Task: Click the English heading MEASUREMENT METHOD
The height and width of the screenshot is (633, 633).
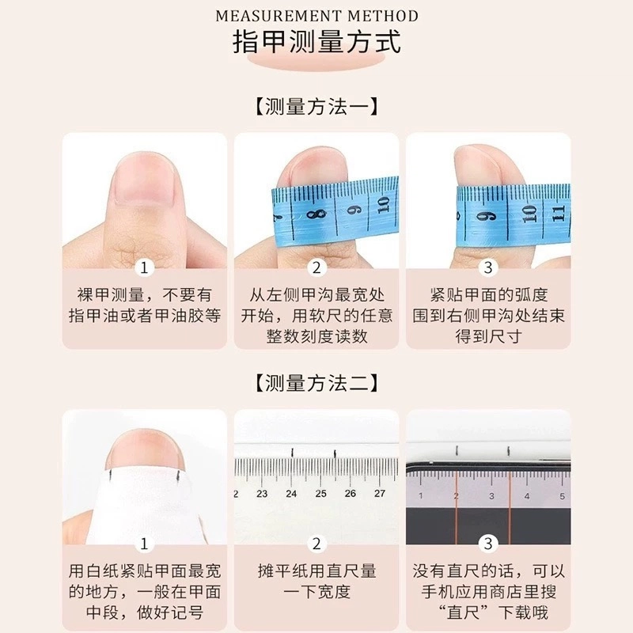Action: pos(316,16)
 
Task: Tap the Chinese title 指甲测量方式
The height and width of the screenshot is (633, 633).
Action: pos(316,42)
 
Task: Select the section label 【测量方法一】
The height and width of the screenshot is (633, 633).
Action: pos(316,107)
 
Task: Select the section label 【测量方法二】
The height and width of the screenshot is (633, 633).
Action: pos(316,383)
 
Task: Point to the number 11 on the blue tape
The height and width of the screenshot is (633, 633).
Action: pos(558,214)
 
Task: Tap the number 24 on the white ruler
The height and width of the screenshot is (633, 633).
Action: pos(291,493)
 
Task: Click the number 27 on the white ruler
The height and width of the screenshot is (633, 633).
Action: pos(380,493)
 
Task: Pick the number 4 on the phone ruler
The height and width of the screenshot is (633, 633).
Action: pos(527,496)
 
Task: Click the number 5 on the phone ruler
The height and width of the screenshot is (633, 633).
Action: pos(562,496)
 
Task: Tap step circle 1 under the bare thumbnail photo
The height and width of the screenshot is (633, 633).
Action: pos(144,267)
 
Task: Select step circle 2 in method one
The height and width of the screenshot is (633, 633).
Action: pos(316,267)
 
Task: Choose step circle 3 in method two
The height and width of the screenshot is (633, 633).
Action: pos(488,544)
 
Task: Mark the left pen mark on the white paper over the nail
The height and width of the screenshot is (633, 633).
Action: pos(110,476)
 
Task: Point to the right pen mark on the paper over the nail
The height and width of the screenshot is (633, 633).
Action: pos(176,476)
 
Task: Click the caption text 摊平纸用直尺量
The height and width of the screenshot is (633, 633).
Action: pos(316,570)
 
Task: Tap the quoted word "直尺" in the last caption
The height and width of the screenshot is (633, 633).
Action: pos(463,612)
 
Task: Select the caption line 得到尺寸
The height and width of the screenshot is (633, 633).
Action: pos(488,336)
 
